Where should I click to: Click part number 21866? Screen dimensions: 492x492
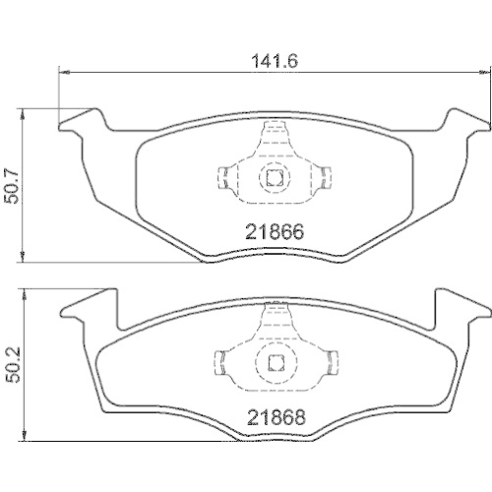click(x=273, y=233)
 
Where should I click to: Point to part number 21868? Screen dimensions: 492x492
click(x=273, y=417)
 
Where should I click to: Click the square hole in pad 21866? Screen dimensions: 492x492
click(x=274, y=179)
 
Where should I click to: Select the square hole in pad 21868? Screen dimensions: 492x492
click(x=274, y=362)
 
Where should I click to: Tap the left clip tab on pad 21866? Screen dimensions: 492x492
click(x=222, y=179)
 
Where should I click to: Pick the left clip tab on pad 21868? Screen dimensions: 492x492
click(x=222, y=362)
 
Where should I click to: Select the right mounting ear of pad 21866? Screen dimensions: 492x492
click(x=462, y=124)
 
